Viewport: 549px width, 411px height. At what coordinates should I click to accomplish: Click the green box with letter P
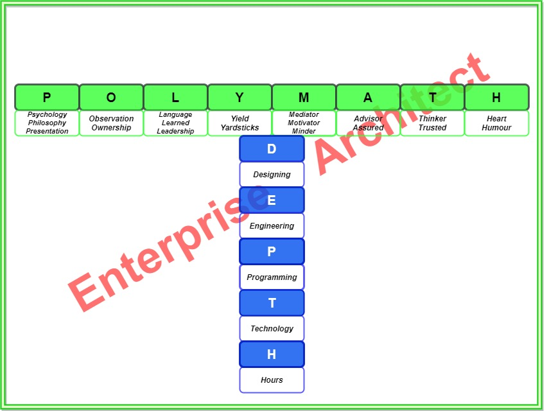47,98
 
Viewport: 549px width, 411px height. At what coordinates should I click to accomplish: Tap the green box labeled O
111,98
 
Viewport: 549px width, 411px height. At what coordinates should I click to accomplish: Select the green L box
175,98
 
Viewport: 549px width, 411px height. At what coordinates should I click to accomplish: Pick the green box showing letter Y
240,98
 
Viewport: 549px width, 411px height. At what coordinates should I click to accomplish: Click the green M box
304,98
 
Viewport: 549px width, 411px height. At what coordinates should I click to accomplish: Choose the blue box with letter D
272,149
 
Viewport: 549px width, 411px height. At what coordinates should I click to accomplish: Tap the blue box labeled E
272,200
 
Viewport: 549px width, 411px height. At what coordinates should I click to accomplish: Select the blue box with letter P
272,252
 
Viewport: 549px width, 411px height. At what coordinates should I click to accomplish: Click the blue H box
272,354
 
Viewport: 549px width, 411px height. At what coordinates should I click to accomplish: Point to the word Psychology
47,115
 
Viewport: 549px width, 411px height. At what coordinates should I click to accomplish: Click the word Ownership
111,128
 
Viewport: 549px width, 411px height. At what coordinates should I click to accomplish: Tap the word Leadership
175,132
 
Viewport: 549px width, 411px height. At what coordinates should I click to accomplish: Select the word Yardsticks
240,128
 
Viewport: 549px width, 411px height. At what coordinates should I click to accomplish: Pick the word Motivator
304,123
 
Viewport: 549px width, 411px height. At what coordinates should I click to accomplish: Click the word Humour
496,128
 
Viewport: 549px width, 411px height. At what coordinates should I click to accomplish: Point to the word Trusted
432,128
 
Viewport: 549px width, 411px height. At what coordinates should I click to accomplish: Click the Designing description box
272,175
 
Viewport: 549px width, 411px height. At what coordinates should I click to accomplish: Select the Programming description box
272,277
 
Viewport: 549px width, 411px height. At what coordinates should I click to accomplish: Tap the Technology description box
272,329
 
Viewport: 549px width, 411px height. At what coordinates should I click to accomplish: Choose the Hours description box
272,380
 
